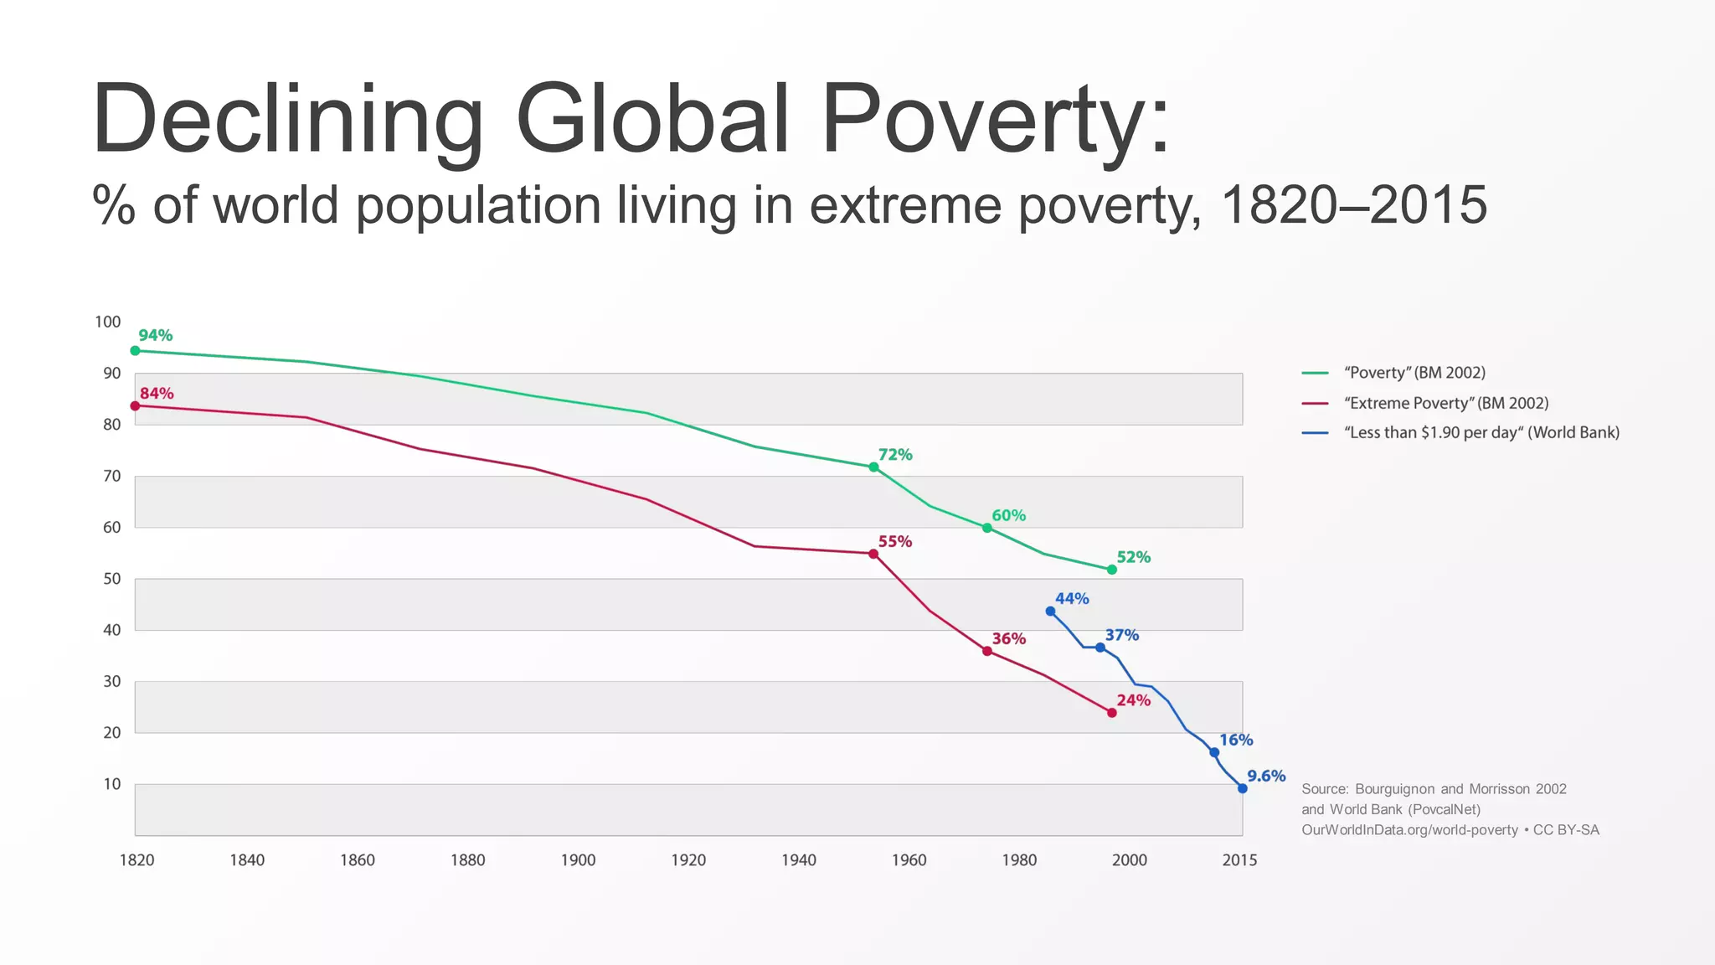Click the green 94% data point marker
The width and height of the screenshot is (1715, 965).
135,351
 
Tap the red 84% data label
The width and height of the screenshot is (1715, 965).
157,393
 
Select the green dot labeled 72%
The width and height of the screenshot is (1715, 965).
873,467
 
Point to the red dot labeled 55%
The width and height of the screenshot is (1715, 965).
873,554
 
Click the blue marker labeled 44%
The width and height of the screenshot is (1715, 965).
1050,612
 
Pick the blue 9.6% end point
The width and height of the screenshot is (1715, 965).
1242,788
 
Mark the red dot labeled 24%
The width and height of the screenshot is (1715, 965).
1111,713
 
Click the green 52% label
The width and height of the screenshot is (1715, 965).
1133,557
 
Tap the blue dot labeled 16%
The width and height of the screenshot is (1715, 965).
1214,752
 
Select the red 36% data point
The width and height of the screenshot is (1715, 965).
986,651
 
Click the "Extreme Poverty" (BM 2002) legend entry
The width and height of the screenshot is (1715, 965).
1445,403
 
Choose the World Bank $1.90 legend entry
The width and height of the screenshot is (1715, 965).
1481,432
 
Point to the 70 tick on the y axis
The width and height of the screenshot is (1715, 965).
111,476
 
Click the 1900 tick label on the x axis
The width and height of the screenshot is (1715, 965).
578,859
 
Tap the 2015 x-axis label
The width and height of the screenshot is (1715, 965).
1239,859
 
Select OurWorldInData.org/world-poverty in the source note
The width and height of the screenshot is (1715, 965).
1409,829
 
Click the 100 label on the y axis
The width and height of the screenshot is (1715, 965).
107,322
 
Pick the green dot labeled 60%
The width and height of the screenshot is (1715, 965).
986,528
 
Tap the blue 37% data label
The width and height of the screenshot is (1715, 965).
1121,635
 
